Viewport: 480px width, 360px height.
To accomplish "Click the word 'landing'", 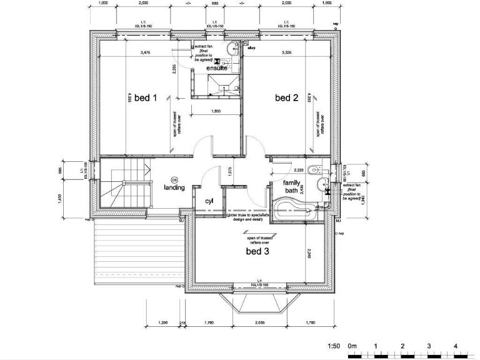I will [x=174, y=187].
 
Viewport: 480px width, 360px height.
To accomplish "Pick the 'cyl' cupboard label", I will [x=209, y=201].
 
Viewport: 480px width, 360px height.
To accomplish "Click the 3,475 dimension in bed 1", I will [x=146, y=52].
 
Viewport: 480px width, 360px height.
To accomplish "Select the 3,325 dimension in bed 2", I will [x=288, y=52].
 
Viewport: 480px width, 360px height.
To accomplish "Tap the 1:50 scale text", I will [x=334, y=346].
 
